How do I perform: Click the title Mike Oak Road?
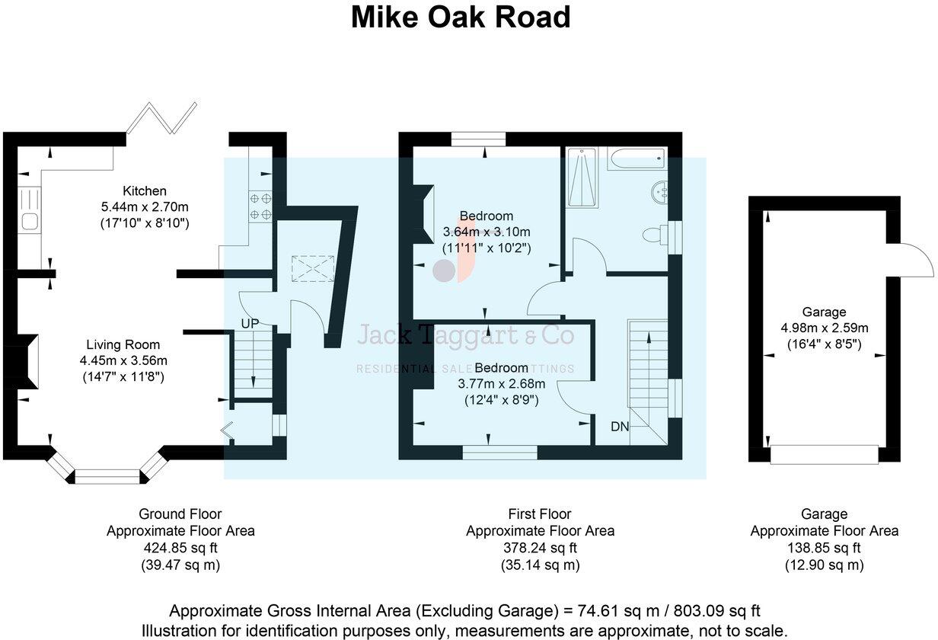click(x=461, y=17)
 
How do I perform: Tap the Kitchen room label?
click(x=145, y=190)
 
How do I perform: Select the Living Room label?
click(x=126, y=344)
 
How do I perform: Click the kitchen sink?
click(x=30, y=222)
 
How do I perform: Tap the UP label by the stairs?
click(x=250, y=324)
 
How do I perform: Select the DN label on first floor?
click(x=620, y=427)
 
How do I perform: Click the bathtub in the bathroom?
click(x=636, y=158)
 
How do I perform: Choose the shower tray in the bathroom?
click(x=582, y=177)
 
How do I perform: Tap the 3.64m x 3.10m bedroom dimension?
click(x=487, y=232)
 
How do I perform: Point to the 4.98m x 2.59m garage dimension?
click(x=824, y=328)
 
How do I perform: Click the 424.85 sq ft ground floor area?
click(x=180, y=548)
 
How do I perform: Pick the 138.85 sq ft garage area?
click(x=824, y=548)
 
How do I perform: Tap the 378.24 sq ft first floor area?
click(x=540, y=548)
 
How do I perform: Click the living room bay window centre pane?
click(x=107, y=477)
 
